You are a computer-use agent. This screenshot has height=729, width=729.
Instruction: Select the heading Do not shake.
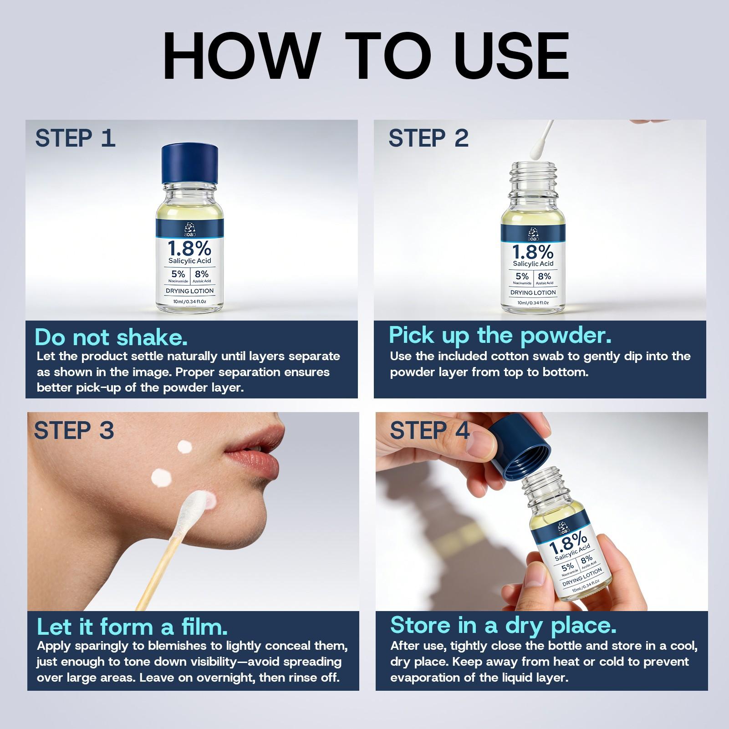(112, 337)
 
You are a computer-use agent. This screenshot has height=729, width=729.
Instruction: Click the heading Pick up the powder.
(500, 336)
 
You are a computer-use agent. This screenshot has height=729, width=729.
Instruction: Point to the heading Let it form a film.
(132, 627)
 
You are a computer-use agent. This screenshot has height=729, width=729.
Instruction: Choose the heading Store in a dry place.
(503, 625)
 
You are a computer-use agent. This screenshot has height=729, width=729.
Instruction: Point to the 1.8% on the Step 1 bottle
(190, 249)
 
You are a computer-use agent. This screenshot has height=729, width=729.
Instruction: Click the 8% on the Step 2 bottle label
(544, 276)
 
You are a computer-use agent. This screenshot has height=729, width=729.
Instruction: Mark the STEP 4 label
(429, 430)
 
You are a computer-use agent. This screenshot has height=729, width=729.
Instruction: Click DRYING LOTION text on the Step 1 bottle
(190, 291)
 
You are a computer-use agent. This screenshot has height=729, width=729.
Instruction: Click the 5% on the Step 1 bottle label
(178, 274)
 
